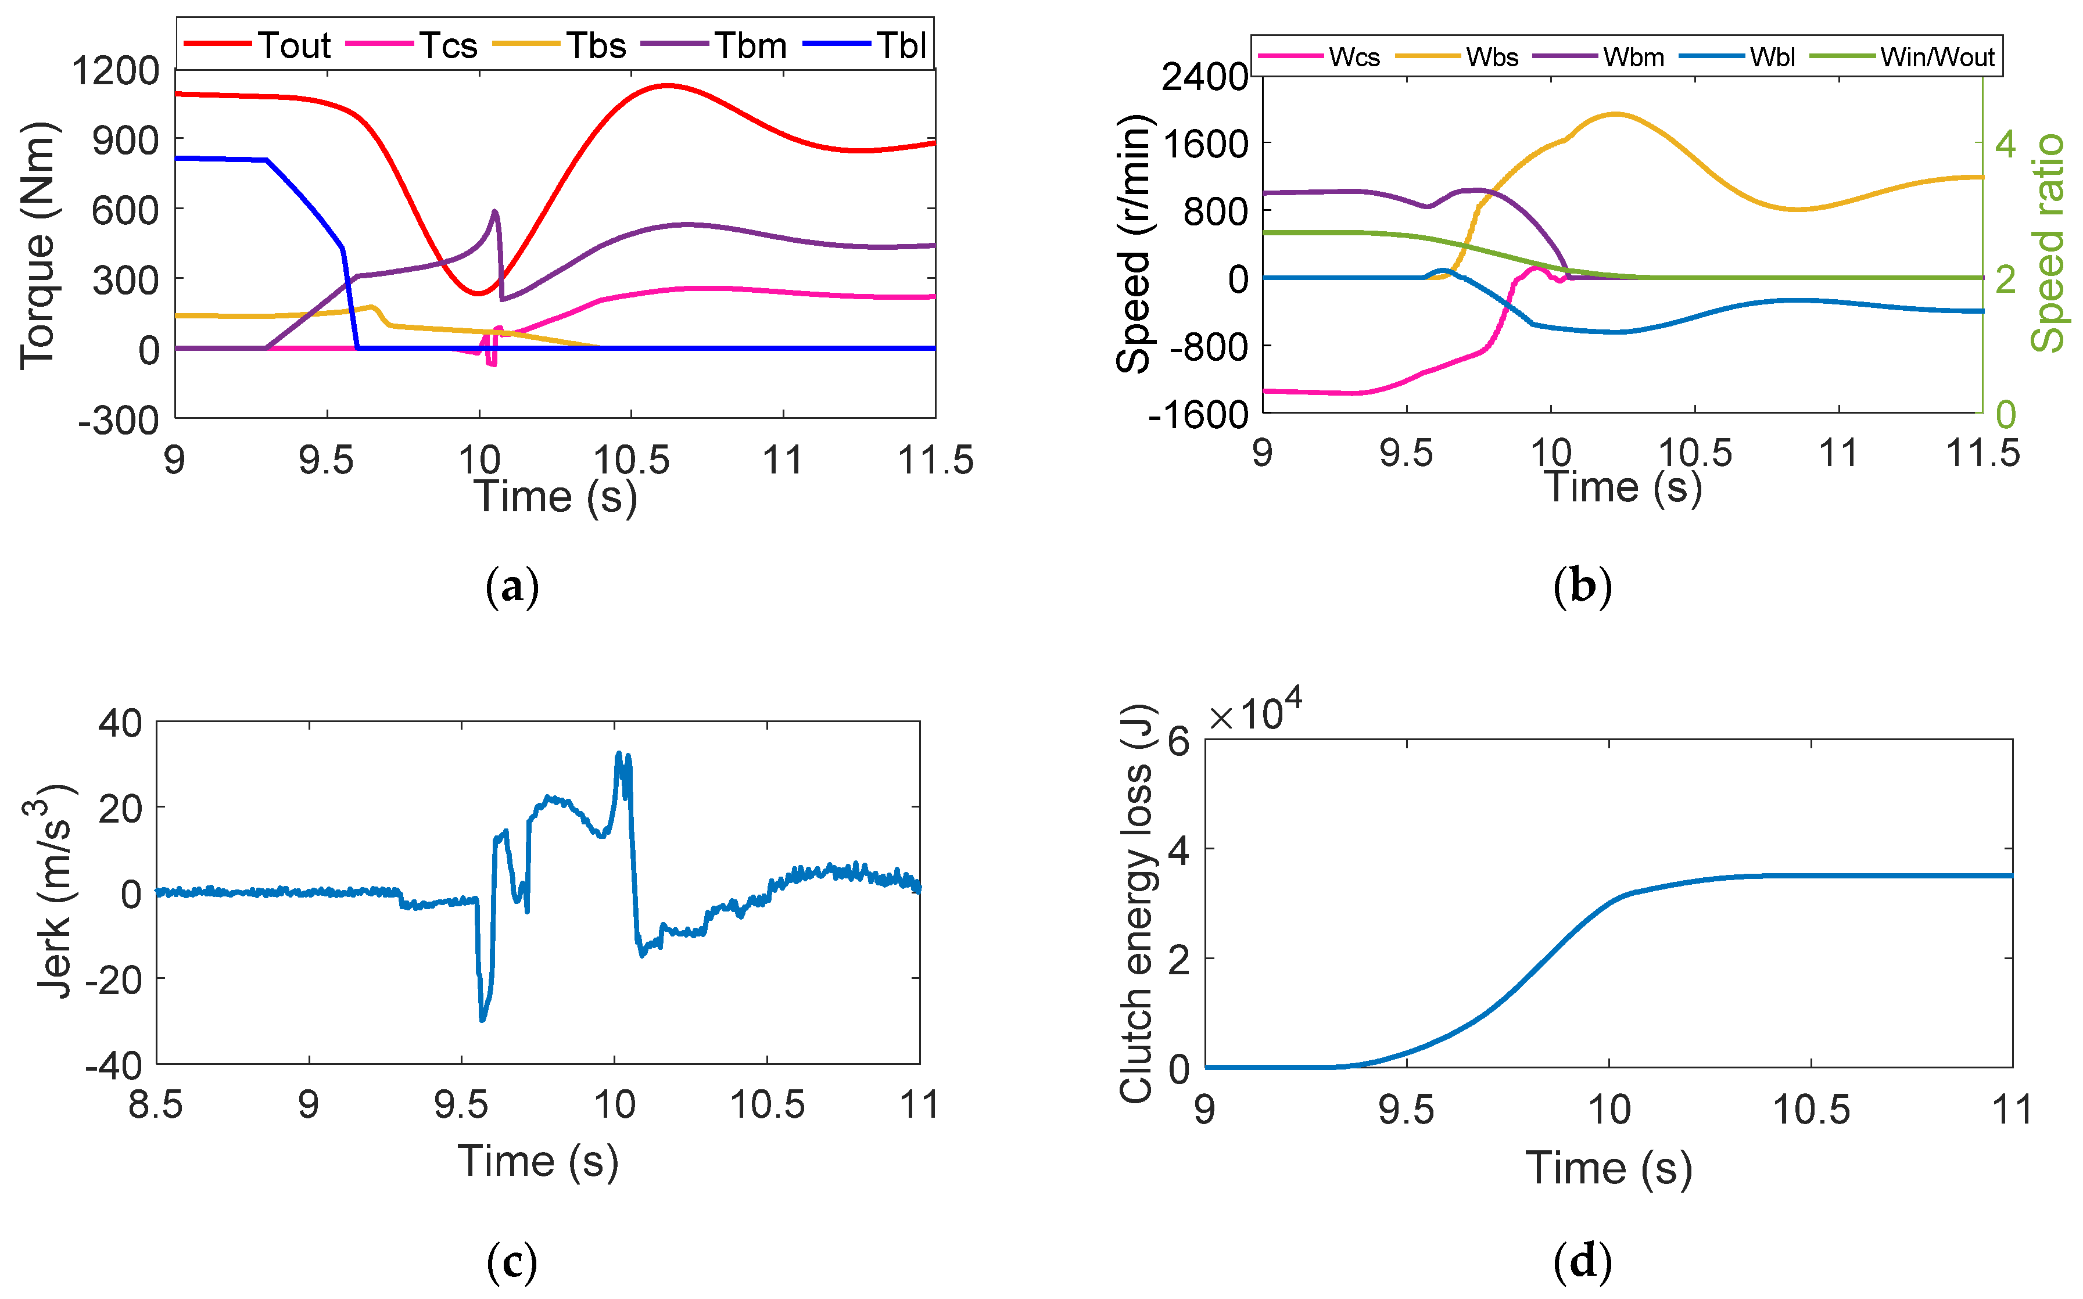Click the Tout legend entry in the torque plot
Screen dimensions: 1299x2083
point(295,45)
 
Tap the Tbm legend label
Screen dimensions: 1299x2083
point(750,45)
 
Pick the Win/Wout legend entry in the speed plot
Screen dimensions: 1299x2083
point(1936,57)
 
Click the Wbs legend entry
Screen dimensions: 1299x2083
point(1491,57)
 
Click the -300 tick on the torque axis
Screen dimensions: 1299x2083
point(119,420)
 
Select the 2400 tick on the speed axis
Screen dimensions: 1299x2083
point(1204,77)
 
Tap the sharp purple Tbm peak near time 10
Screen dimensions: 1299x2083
point(495,211)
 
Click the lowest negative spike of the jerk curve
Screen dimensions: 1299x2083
point(483,1020)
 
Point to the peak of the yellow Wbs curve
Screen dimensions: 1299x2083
point(1616,113)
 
